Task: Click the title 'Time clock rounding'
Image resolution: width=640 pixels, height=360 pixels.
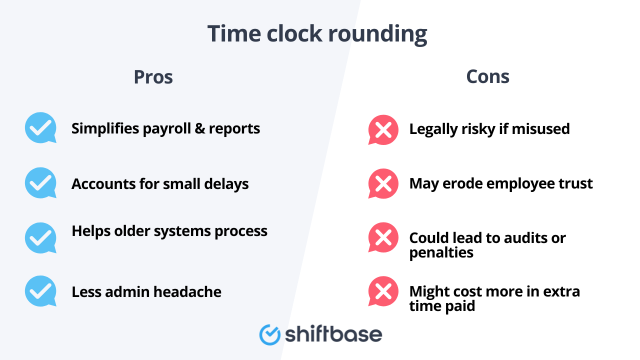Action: coord(317,34)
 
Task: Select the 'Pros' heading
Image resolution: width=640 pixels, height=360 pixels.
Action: coord(153,77)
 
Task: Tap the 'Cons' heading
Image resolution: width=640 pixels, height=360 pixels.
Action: coord(487,77)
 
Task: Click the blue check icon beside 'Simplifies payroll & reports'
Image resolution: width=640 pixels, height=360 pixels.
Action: coord(40,127)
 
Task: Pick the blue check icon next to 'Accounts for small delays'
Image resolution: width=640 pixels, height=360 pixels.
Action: coord(40,182)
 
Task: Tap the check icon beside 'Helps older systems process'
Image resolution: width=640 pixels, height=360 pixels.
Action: coord(40,237)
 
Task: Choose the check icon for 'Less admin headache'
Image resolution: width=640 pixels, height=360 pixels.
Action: coord(40,290)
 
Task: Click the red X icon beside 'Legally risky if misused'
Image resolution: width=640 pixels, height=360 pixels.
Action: coord(383,129)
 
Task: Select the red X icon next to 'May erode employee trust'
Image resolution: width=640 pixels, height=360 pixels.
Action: coord(383,183)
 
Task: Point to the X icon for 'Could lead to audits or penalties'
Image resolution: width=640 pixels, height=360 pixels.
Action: coord(383,237)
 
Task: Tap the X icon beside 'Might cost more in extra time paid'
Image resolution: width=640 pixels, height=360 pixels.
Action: coord(383,291)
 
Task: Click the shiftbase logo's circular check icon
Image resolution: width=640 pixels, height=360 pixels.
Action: coord(270,334)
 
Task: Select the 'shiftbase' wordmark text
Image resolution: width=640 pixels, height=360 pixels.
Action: coord(333,334)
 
